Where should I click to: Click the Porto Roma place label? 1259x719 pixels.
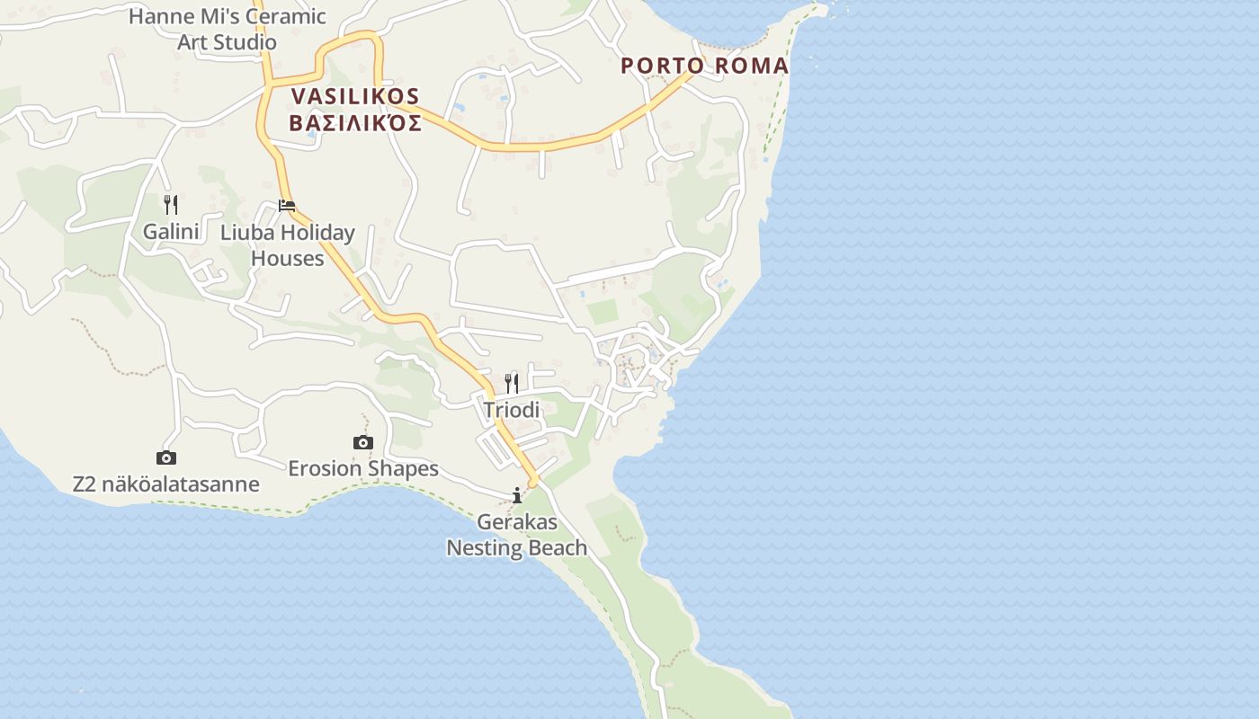tap(704, 66)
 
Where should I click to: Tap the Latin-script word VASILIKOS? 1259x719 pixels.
tap(355, 96)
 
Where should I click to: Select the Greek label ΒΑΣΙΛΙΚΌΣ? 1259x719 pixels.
tap(355, 123)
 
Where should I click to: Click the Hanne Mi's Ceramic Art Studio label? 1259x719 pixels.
tap(227, 29)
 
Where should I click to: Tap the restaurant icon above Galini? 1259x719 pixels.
tap(171, 205)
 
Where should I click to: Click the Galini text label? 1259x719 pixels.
tap(171, 232)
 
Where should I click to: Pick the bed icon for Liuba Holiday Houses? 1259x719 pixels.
tap(287, 206)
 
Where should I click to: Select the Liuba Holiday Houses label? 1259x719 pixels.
tap(288, 245)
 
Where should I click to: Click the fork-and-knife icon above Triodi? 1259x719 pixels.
tap(512, 384)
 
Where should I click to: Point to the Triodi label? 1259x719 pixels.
tap(512, 410)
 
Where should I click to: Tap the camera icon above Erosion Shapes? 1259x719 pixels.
tap(363, 442)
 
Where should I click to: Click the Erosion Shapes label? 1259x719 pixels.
tap(363, 468)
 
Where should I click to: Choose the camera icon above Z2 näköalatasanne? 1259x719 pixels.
tap(166, 458)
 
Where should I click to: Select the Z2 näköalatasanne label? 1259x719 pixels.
tap(166, 484)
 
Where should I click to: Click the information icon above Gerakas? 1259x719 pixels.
tap(517, 495)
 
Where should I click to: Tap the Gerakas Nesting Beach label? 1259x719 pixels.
tap(517, 535)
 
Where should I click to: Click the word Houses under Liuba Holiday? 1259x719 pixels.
tap(288, 259)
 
